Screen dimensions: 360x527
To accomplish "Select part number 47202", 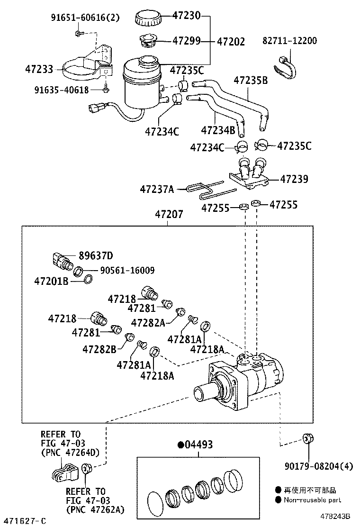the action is tap(231, 42).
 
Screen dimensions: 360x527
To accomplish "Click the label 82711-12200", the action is tap(289, 41).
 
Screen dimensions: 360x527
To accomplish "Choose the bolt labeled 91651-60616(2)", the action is tap(78, 33).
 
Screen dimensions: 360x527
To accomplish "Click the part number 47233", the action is tap(39, 70).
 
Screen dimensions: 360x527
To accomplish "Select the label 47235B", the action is tap(251, 81).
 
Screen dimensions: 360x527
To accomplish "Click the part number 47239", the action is tap(294, 179).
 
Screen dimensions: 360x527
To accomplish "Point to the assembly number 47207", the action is tap(169, 214).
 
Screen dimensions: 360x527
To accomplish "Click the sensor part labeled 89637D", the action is tap(63, 261).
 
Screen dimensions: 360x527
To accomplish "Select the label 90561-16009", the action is tap(127, 270).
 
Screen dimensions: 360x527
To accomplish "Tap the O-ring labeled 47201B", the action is tap(88, 279).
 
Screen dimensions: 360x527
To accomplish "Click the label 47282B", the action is tap(99, 350).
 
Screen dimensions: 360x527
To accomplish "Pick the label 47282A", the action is tap(148, 323).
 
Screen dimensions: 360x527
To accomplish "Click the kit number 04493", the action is tap(195, 445).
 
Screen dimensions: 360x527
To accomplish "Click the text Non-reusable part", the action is tap(312, 500).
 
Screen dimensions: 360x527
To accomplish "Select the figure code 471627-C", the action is tap(24, 521).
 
